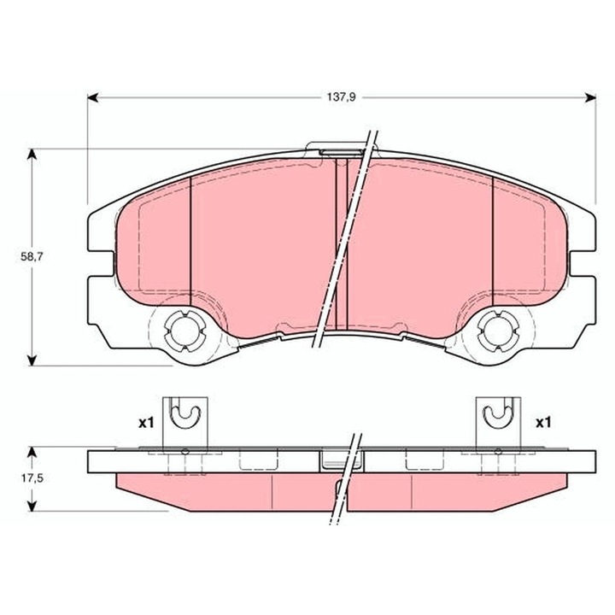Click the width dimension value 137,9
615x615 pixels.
(340, 97)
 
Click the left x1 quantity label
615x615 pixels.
(145, 422)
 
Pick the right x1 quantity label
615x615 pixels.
(542, 422)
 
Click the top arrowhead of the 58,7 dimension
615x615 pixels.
(32, 155)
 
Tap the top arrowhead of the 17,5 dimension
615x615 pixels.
(32, 449)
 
